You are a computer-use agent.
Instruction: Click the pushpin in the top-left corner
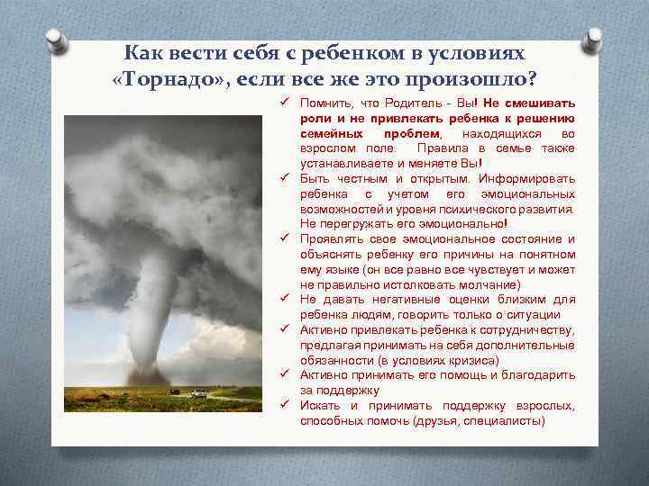click(x=56, y=40)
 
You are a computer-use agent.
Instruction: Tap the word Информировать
click(x=530, y=179)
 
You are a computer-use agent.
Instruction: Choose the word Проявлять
click(x=332, y=239)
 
